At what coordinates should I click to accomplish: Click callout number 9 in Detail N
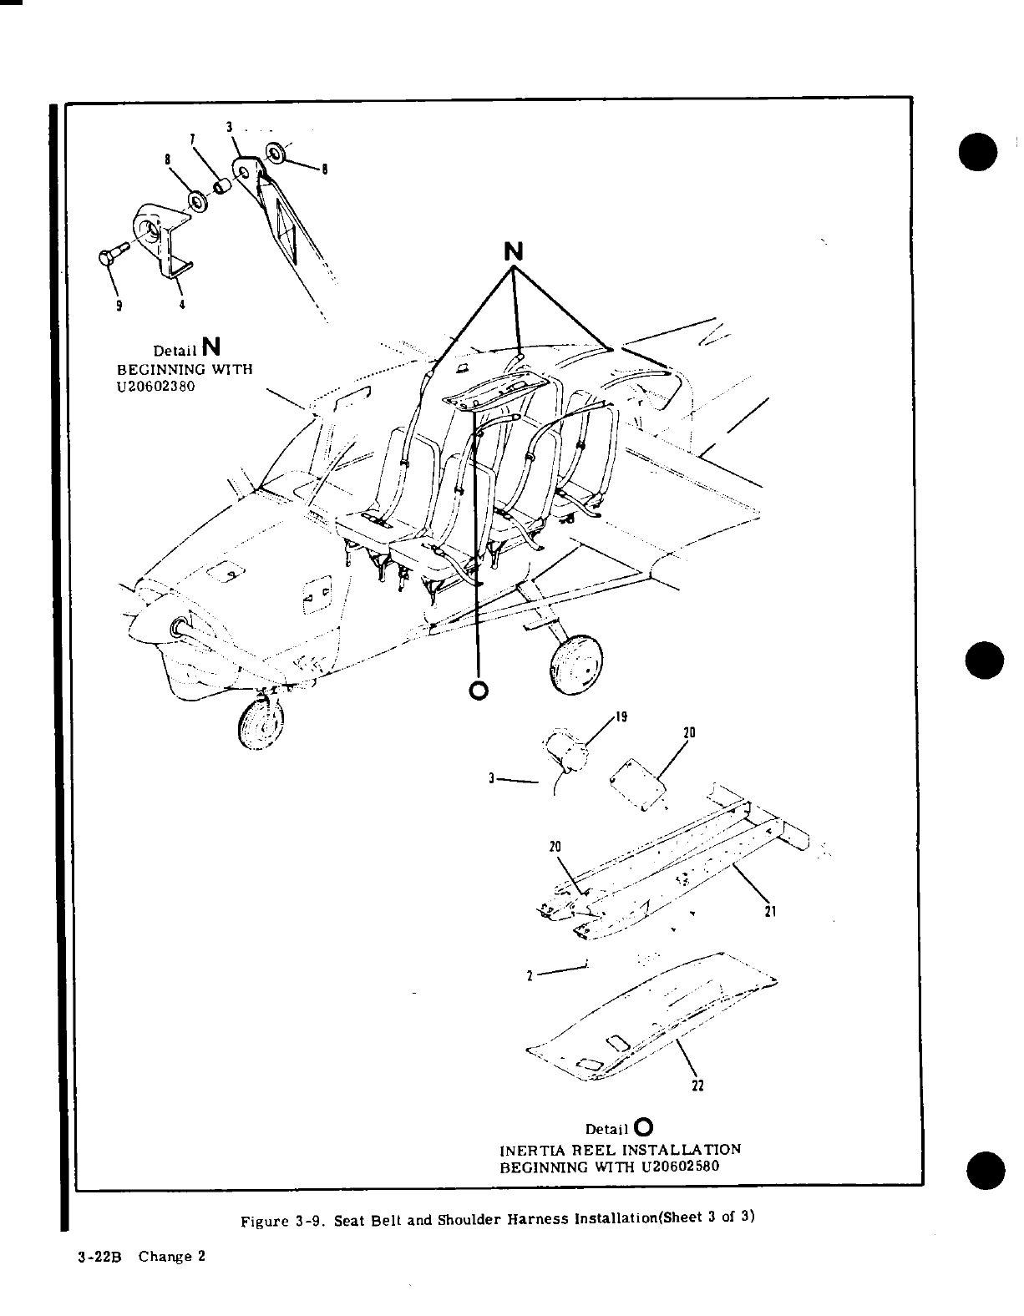tap(119, 306)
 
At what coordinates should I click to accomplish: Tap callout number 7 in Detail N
tap(192, 137)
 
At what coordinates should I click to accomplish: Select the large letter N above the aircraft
tap(515, 251)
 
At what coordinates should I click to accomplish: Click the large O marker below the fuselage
tap(479, 690)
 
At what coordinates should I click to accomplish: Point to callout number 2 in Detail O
tap(530, 975)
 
